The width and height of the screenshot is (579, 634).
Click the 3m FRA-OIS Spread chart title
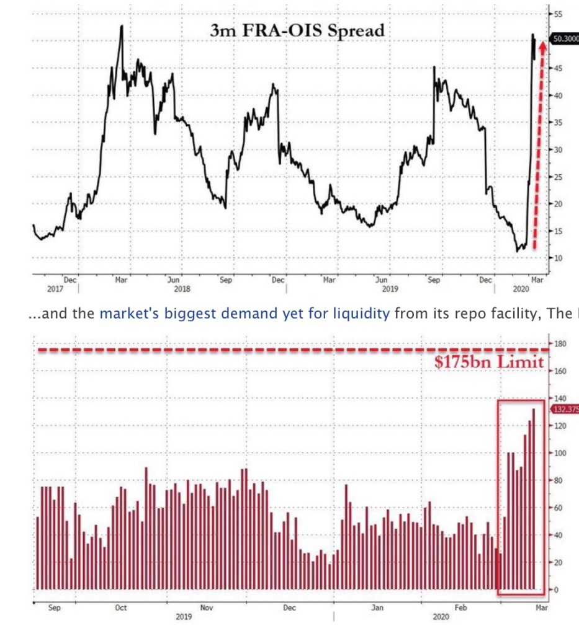(297, 30)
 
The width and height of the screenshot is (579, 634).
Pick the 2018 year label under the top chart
(182, 289)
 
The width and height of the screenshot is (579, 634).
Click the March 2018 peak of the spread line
(122, 27)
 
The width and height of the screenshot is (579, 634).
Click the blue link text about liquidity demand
(245, 314)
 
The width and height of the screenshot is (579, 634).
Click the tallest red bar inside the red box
(534, 496)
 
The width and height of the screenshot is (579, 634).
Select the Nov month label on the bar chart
(206, 609)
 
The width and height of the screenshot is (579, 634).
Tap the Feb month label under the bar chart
(460, 609)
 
